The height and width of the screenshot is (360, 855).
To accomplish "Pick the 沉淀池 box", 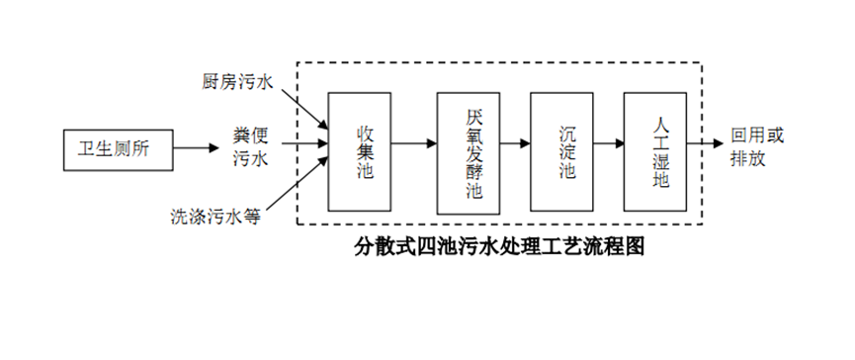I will (x=560, y=151).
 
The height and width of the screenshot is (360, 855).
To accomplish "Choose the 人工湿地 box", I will (x=655, y=151).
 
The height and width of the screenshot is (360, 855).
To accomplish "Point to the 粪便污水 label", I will (x=248, y=146).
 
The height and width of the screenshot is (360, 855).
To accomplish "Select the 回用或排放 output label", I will (x=756, y=146).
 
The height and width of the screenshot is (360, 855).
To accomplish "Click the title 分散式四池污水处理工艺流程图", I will (x=499, y=246).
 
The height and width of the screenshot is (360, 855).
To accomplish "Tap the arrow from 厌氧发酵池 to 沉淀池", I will (x=513, y=143).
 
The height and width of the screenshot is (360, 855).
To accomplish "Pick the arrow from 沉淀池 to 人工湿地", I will (x=608, y=143).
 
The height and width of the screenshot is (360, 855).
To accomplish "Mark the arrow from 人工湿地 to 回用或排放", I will (x=707, y=143).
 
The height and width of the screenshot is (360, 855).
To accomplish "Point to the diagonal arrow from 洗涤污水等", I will (x=300, y=187).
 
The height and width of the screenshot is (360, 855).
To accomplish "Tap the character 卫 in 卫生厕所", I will (x=86, y=148).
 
